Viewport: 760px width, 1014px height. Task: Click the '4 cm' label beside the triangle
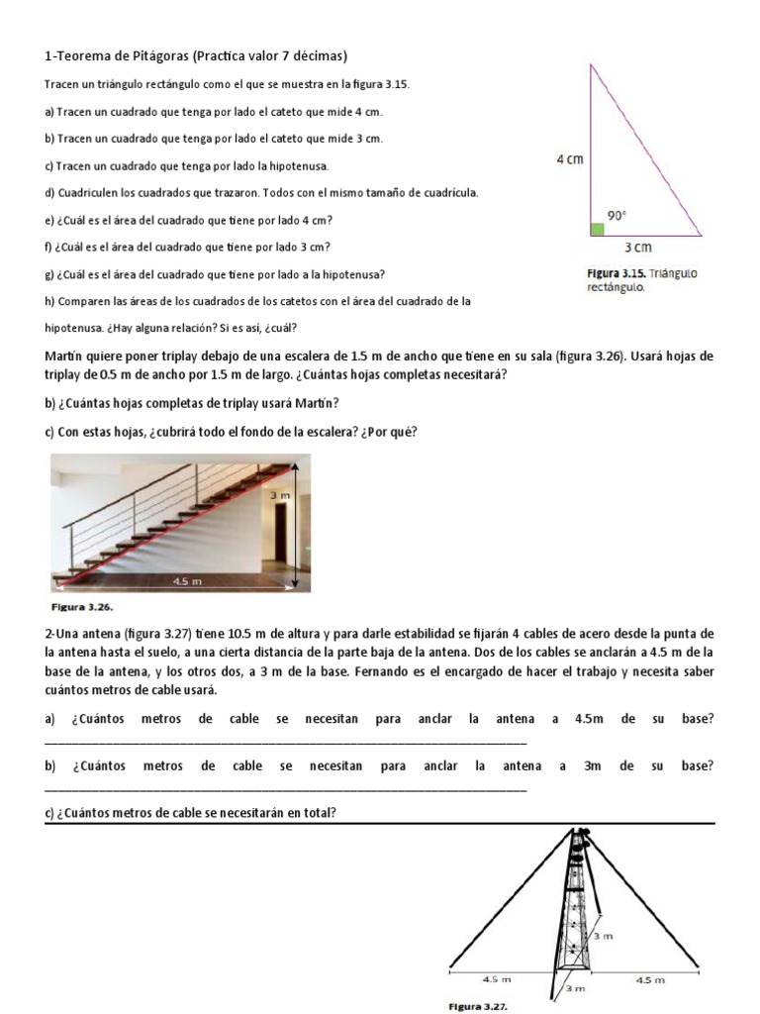coord(569,158)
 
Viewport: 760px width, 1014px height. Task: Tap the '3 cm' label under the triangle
coord(637,248)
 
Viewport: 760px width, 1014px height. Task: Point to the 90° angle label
coord(617,215)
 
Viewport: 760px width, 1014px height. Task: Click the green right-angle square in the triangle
coord(597,230)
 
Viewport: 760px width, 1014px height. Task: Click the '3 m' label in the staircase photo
coord(280,494)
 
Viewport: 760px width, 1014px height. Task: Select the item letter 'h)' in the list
coord(49,301)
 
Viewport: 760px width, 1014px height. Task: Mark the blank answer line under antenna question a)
coord(286,741)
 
